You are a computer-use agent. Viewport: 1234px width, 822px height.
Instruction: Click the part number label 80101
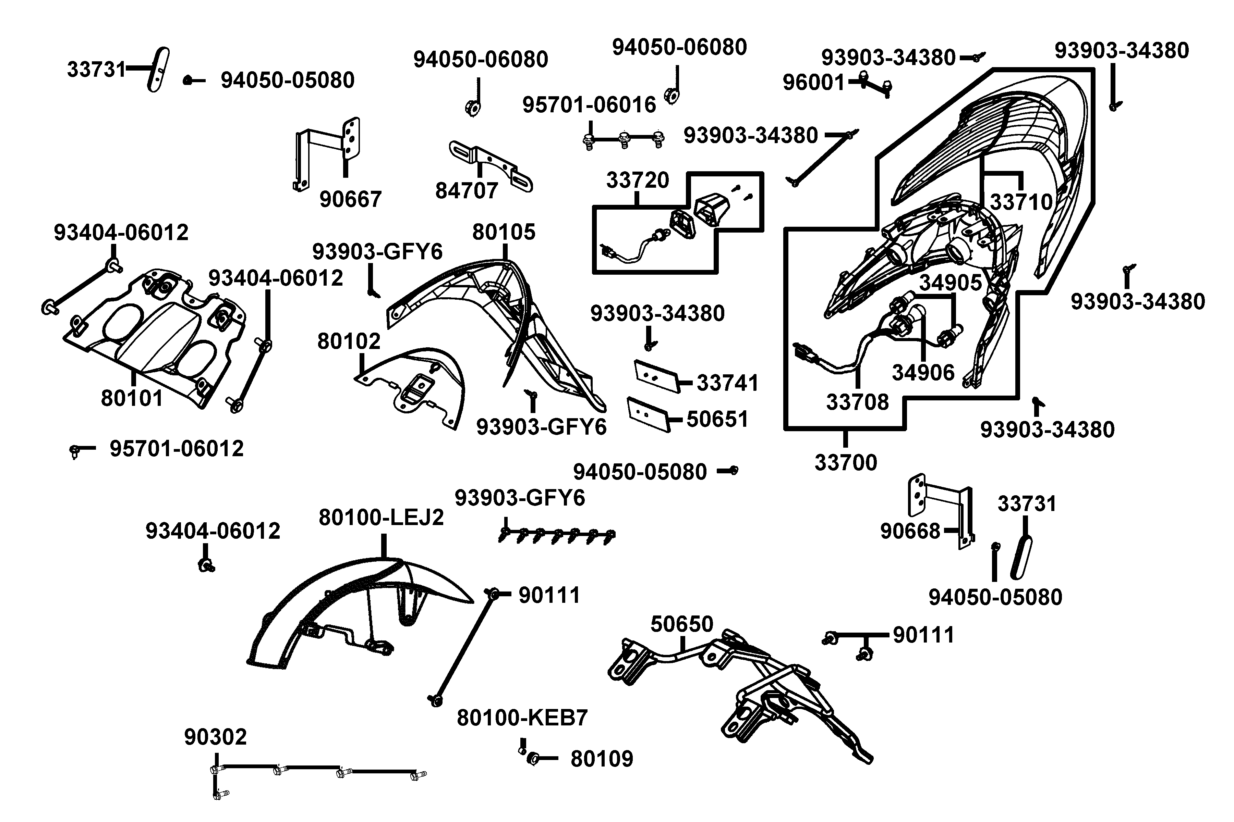point(132,398)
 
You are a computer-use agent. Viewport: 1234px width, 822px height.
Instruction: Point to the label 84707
point(467,191)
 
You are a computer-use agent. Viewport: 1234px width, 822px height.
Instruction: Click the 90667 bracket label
point(350,199)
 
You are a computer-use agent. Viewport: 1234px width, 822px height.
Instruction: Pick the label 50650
point(681,624)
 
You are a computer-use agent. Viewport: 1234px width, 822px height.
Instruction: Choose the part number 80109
point(602,759)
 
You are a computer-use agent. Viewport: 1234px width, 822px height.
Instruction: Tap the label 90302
point(215,737)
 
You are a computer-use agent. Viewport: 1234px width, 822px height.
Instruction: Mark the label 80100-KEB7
point(522,718)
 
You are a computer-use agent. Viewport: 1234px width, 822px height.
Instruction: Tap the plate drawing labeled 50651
point(649,414)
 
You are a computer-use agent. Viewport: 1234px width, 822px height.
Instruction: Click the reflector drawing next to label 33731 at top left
point(158,69)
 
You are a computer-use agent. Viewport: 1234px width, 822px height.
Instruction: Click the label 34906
point(923,373)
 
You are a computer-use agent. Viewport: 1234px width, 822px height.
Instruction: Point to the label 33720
point(638,180)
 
